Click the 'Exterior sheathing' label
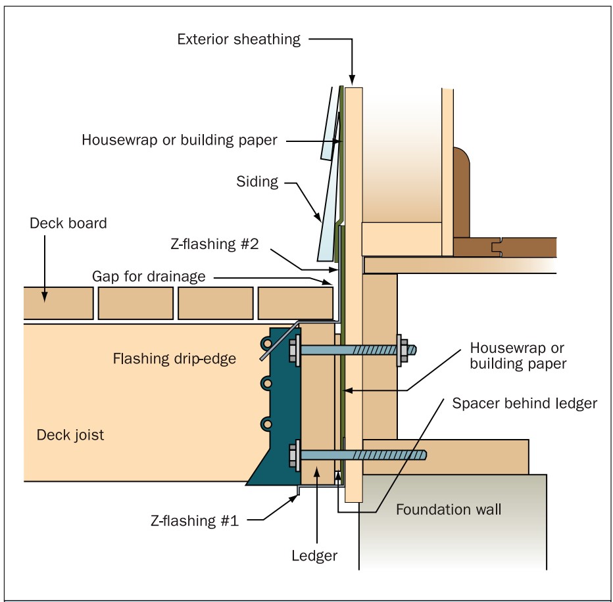coord(239,39)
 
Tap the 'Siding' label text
coord(257,181)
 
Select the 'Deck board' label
coord(68,223)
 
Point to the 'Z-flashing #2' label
coord(214,244)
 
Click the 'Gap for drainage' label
coord(149,276)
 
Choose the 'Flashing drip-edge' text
coord(174,359)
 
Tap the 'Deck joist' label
coord(70,435)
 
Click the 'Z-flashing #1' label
coord(194,521)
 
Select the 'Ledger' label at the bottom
coord(314,555)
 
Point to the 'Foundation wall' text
coord(449,509)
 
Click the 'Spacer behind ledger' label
coord(525,403)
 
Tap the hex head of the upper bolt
coord(293,350)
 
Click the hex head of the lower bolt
coord(293,455)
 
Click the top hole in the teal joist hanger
coord(266,344)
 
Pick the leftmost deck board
coord(59,303)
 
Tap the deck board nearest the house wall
coord(295,303)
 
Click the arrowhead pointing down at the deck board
coord(45,296)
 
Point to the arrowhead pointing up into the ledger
coord(317,473)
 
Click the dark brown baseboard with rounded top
coord(461,193)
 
